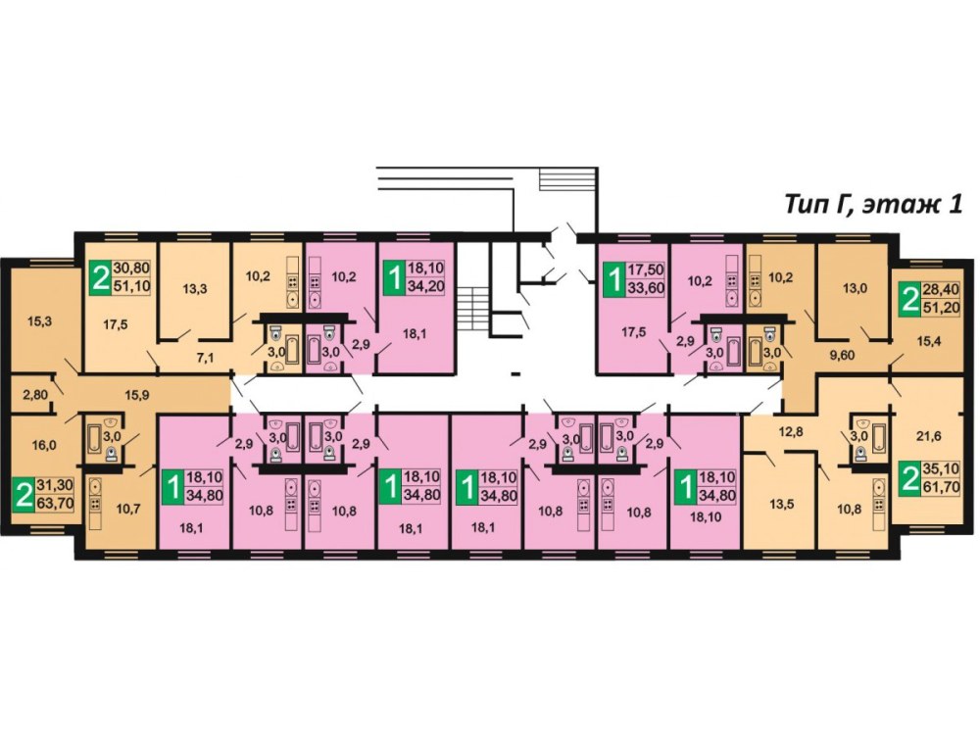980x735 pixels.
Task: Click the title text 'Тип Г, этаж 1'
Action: pyautogui.click(x=873, y=205)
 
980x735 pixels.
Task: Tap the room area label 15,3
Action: pyautogui.click(x=39, y=321)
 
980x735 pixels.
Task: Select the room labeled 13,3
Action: pyautogui.click(x=195, y=289)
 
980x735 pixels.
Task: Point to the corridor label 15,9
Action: pyautogui.click(x=137, y=395)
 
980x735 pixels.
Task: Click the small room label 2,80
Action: pyautogui.click(x=35, y=394)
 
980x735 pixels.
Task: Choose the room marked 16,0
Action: pyautogui.click(x=44, y=445)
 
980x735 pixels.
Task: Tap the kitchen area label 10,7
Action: pyautogui.click(x=128, y=509)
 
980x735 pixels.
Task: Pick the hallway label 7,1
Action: pyautogui.click(x=205, y=358)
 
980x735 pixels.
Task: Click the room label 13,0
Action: pyautogui.click(x=855, y=288)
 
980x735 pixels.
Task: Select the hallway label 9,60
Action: pyautogui.click(x=841, y=356)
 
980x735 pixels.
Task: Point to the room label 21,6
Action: pyautogui.click(x=928, y=437)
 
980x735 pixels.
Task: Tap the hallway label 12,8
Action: pyautogui.click(x=790, y=430)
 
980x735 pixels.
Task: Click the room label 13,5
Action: pyautogui.click(x=781, y=504)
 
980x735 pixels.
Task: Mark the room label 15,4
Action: pyautogui.click(x=929, y=341)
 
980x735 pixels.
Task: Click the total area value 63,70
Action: pyautogui.click(x=55, y=503)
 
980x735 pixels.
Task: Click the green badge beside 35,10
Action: pyautogui.click(x=910, y=478)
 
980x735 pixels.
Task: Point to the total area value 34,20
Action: pyautogui.click(x=425, y=287)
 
